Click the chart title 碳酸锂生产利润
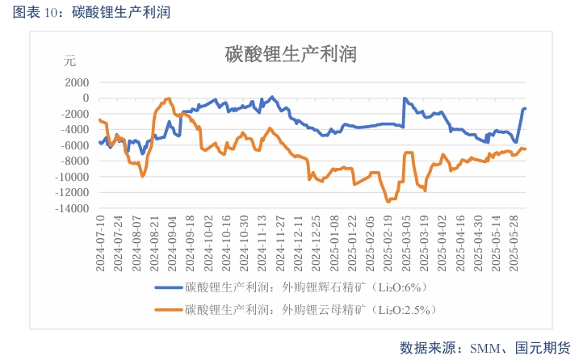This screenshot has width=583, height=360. point(291,54)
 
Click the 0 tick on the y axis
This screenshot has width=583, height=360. point(85,98)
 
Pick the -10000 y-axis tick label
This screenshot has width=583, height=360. point(71,177)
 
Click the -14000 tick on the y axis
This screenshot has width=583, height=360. point(71,208)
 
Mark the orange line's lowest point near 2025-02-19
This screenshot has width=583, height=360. point(388,201)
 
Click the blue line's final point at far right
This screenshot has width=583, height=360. point(525,108)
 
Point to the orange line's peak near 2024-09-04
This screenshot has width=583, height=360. point(169,98)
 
